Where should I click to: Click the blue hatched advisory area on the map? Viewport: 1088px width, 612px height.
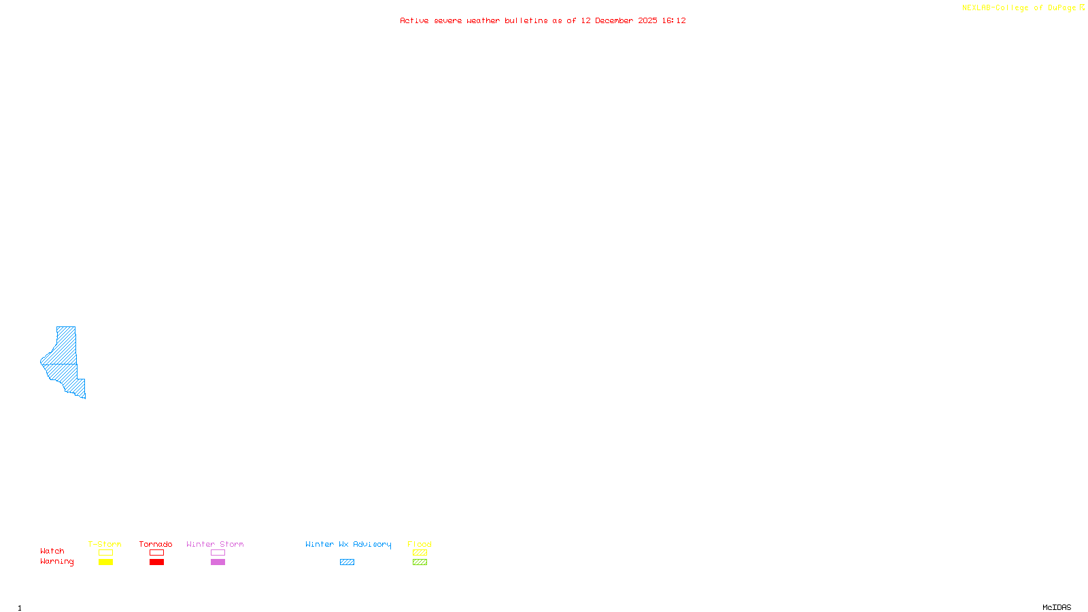64,360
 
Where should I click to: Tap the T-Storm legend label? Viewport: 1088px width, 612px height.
105,544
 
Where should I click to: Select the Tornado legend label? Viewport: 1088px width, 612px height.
156,544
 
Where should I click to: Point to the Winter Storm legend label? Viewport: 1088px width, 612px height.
215,544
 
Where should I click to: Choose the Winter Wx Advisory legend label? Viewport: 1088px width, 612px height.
348,544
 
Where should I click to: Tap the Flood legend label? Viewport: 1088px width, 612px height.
420,544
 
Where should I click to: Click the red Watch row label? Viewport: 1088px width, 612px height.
52,551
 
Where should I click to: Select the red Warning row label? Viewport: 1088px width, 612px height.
57,562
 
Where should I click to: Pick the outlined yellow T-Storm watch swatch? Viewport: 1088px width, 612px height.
105,553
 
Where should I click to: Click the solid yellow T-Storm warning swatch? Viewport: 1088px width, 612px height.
105,562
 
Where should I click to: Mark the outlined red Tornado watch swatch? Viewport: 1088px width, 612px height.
157,553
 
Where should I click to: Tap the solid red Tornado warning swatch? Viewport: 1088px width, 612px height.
157,562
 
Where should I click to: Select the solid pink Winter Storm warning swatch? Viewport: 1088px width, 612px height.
218,562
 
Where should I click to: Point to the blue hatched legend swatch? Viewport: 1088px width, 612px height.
347,562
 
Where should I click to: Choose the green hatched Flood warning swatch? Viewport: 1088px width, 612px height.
420,562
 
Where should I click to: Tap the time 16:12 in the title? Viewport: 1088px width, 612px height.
674,20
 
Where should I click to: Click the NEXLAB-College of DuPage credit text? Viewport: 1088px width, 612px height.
1019,8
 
